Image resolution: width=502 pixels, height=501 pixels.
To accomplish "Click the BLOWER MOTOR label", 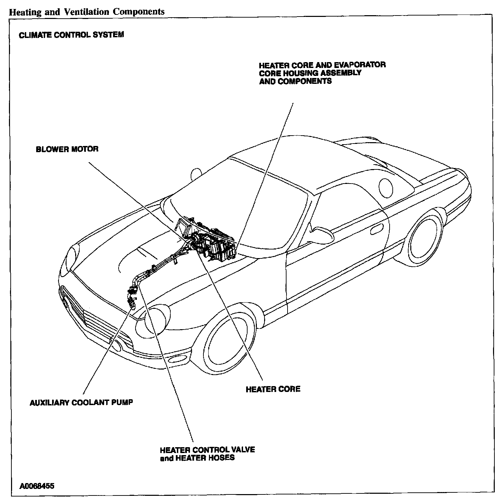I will pyautogui.click(x=67, y=149).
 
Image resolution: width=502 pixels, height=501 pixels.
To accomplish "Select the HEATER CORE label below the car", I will pyautogui.click(x=273, y=389).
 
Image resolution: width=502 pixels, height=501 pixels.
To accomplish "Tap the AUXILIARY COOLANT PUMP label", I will pyautogui.click(x=81, y=402).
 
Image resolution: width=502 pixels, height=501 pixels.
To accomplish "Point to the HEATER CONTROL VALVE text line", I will pyautogui.click(x=208, y=450).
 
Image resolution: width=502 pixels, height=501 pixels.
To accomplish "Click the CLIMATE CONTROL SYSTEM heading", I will pyautogui.click(x=71, y=35).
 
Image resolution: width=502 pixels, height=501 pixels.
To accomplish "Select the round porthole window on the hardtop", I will pyautogui.click(x=386, y=187).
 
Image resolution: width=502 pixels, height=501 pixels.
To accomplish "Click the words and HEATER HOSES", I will pyautogui.click(x=197, y=458).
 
